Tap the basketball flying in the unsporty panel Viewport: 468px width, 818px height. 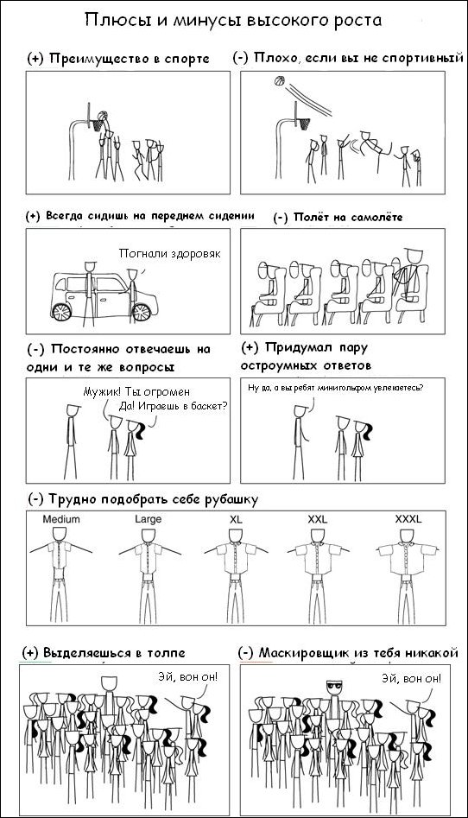pos(279,81)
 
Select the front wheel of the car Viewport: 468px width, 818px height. pos(141,312)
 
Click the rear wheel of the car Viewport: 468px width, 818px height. pos(61,312)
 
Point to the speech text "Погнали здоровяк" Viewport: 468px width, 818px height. pos(169,254)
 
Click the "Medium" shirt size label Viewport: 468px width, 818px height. pos(61,519)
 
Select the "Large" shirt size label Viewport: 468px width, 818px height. pos(149,519)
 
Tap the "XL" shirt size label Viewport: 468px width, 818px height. pos(237,519)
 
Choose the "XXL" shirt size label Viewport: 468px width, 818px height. pos(318,519)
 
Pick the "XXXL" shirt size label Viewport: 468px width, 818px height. pos(408,519)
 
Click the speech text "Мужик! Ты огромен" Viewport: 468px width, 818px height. pos(136,392)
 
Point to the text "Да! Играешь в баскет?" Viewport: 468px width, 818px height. pos(174,406)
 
